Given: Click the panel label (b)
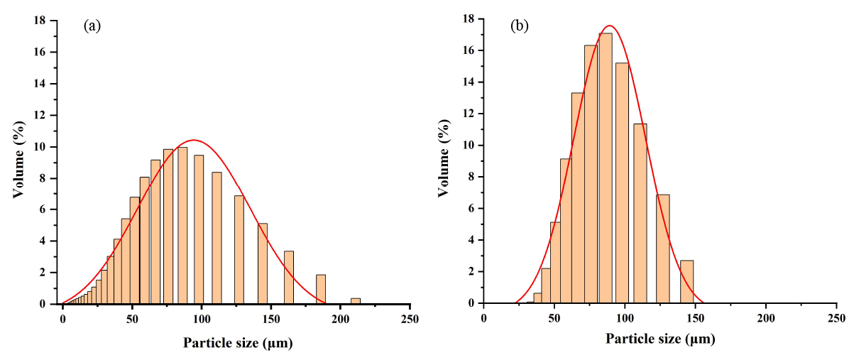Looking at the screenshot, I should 519,26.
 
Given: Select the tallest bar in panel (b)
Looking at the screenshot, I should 606,168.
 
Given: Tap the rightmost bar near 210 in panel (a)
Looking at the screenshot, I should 356,301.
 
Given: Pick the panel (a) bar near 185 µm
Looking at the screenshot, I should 321,289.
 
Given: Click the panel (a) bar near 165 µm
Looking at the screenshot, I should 289,277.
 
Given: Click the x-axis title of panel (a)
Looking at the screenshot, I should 238,344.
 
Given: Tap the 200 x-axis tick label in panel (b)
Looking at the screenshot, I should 766,317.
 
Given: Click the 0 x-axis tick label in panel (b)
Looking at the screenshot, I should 483,317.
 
